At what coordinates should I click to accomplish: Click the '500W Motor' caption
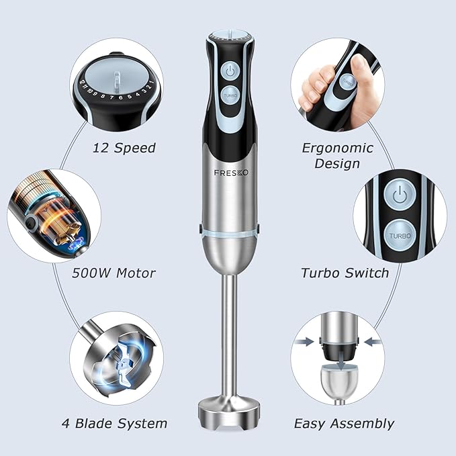pos(114,273)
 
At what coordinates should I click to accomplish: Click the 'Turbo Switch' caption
pos(345,273)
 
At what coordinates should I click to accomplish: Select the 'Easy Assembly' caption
pos(344,423)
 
